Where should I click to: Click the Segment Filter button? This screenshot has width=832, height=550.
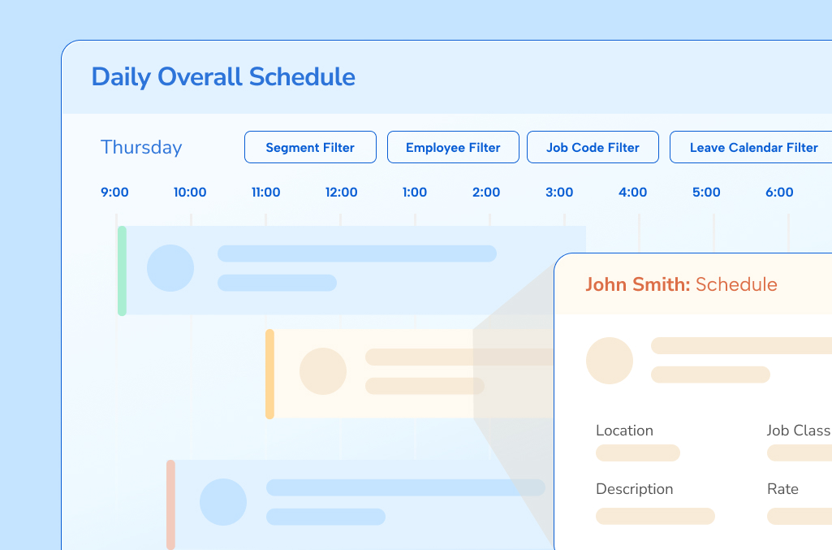pos(310,148)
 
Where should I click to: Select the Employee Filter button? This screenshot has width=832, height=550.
pos(453,148)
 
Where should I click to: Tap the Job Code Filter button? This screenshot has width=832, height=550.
pos(593,148)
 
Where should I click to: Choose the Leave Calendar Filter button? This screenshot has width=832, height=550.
pos(753,148)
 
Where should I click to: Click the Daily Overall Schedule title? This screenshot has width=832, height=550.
pos(223,77)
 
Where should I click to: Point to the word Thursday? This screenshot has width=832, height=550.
pos(141,148)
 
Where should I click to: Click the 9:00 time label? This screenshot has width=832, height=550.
pos(114,193)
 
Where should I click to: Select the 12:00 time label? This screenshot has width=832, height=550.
pos(341,193)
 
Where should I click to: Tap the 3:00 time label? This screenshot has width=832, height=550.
pos(559,193)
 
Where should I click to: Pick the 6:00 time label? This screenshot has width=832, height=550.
pos(779,193)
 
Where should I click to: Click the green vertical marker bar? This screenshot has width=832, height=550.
pos(122,271)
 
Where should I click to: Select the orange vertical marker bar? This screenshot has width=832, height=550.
pos(269,374)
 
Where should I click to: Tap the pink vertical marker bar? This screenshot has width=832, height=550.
pos(170,504)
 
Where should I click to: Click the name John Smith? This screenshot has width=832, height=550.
pos(637,284)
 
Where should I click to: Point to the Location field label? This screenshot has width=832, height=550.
pos(624,431)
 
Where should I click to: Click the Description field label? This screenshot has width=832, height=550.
pos(634,489)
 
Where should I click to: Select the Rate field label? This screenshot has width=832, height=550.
pos(782,489)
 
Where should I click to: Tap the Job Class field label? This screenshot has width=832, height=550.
pos(799,431)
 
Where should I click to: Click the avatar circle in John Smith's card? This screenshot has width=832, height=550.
pos(610,361)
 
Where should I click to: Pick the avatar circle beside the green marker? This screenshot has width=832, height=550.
pos(170,268)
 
